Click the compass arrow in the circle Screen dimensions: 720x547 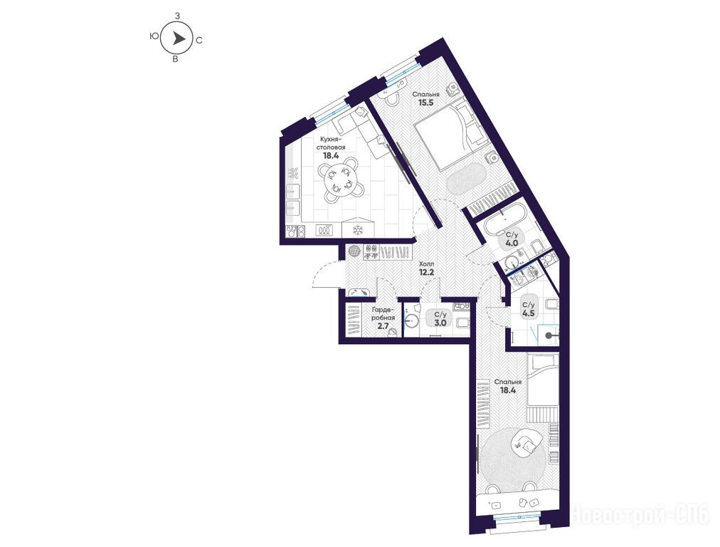click(x=178, y=38)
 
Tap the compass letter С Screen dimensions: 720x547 click(x=198, y=41)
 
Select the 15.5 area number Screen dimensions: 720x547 click(x=425, y=103)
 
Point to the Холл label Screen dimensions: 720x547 click(x=426, y=265)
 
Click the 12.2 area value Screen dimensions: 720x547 click(x=426, y=272)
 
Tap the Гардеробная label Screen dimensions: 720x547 click(x=383, y=314)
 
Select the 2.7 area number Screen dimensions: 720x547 click(x=383, y=325)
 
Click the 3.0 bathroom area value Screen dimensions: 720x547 click(x=440, y=323)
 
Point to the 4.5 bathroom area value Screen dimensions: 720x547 click(x=528, y=313)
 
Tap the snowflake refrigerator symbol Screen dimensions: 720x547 click(x=357, y=230)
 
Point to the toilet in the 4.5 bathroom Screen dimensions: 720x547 click(x=551, y=304)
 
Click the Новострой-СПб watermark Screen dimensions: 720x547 click(x=643, y=515)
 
